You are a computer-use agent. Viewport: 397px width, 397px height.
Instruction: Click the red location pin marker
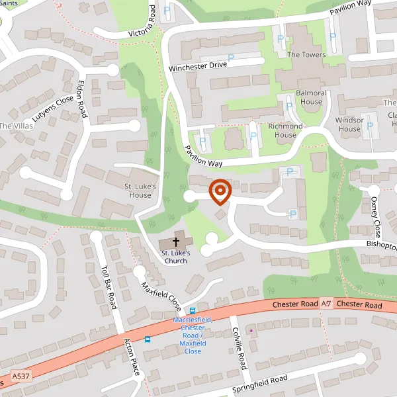click(x=220, y=191)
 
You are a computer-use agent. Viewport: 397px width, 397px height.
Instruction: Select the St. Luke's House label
click(x=140, y=191)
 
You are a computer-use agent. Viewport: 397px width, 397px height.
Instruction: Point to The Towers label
click(x=306, y=54)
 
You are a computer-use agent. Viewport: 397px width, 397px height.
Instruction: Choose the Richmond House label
click(x=285, y=130)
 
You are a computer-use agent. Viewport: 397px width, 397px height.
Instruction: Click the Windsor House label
click(x=350, y=124)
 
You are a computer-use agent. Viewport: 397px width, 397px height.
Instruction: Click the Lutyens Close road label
click(x=53, y=110)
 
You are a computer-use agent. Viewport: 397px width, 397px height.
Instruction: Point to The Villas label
click(x=15, y=126)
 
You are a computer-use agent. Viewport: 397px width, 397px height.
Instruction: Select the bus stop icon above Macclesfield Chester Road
click(x=193, y=310)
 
